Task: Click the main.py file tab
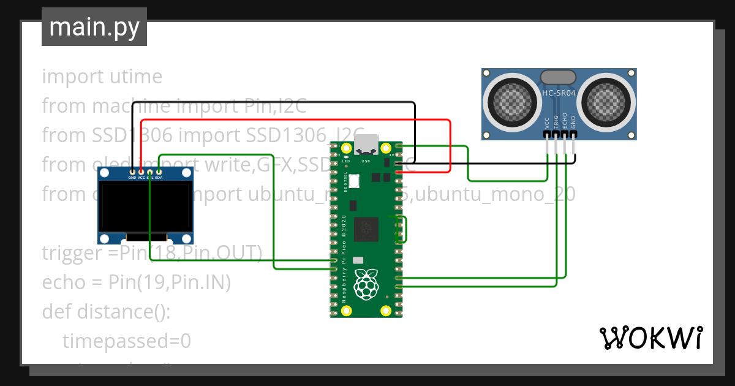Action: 94,27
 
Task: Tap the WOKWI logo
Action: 650,338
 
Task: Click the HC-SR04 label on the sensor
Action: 559,93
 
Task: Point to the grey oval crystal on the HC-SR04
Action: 558,77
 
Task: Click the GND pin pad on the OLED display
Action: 132,172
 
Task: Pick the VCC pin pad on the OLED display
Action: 141,172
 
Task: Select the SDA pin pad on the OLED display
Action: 159,172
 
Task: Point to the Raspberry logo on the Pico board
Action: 366,284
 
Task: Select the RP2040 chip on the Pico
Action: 366,229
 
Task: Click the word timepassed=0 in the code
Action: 127,341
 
